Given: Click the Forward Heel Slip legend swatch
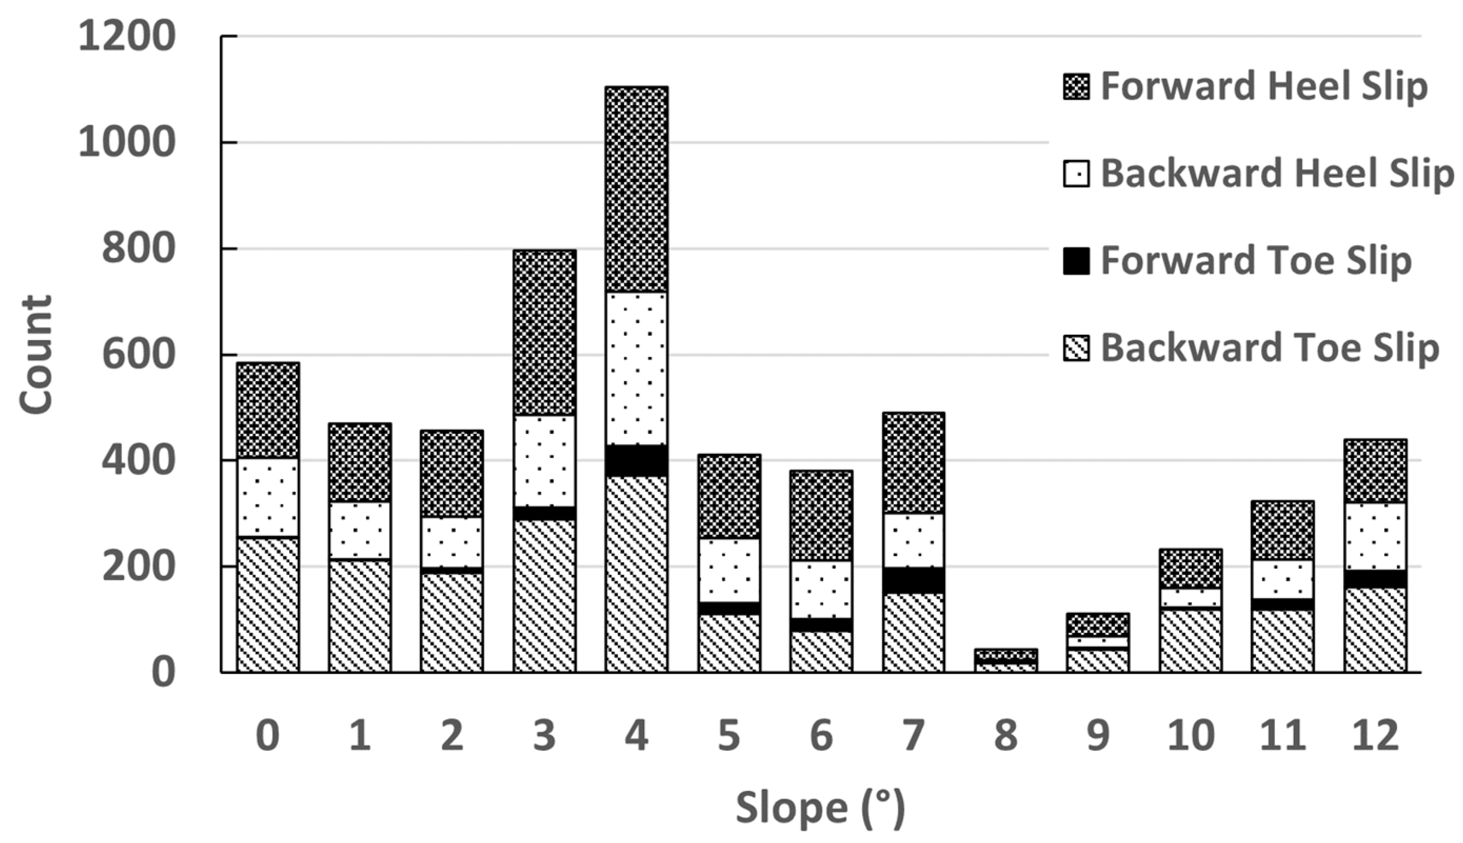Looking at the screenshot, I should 1076,87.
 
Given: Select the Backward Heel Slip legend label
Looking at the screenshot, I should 1277,174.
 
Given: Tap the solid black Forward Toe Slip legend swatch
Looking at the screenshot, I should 1076,261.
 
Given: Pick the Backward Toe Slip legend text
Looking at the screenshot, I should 1269,349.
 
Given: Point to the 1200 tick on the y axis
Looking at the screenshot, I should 126,36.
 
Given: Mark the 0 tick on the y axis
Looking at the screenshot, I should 163,673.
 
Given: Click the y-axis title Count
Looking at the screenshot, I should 36,354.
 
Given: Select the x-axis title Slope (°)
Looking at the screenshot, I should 820,808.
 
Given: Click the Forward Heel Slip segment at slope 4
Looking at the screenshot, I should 636,190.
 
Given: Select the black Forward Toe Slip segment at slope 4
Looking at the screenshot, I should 636,461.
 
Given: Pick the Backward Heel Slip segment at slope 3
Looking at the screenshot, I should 544,461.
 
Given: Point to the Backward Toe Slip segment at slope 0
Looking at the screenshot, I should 268,605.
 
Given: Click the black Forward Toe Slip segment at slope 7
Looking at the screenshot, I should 914,580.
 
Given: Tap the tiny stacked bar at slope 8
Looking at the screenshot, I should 1006,661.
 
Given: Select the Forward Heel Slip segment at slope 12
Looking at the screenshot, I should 1375,471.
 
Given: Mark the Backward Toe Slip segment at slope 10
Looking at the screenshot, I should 1190,641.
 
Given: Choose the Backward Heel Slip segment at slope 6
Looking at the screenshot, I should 821,589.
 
